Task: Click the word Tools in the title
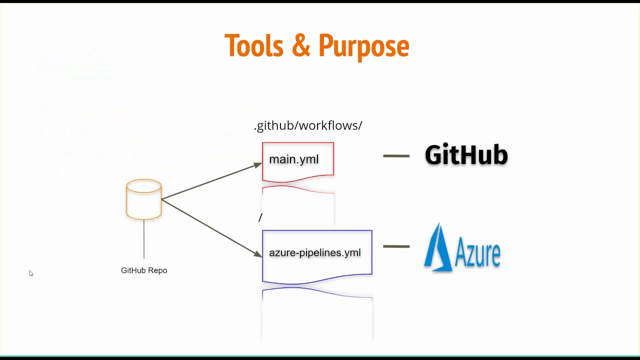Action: [x=253, y=46]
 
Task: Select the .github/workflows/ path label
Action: [x=308, y=125]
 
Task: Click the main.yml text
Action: [x=293, y=159]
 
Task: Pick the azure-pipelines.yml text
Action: [x=314, y=253]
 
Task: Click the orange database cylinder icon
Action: [x=144, y=199]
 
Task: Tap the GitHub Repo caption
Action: [x=144, y=270]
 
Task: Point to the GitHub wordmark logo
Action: [x=466, y=155]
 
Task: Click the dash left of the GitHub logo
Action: [x=396, y=156]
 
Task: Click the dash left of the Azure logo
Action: [x=396, y=246]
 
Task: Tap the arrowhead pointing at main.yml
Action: [x=258, y=165]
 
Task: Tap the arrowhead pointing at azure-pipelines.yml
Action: [x=258, y=254]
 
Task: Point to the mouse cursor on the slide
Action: [x=30, y=273]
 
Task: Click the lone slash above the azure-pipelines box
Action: [x=260, y=217]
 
